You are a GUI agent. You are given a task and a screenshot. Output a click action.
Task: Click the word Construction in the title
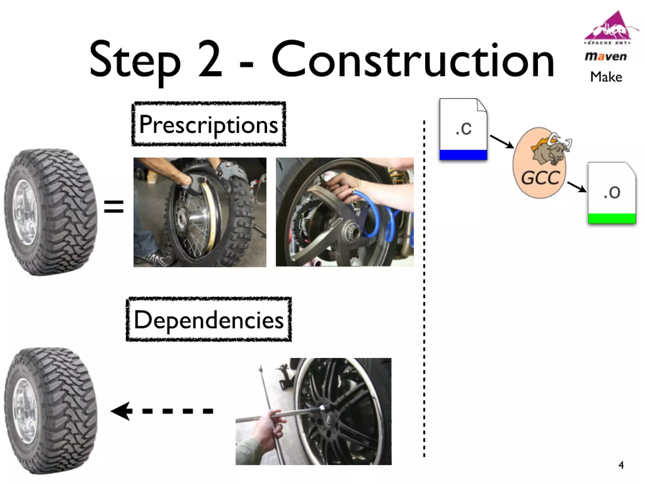(413, 60)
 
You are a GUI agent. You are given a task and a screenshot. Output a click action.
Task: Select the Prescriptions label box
(208, 124)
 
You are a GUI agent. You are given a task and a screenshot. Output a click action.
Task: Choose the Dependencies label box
(208, 320)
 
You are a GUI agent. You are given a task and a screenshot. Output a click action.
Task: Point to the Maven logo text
(606, 57)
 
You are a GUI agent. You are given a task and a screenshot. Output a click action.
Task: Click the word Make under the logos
(606, 77)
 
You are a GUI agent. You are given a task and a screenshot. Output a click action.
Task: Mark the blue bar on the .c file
(463, 155)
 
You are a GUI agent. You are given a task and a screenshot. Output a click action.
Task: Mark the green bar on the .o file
(612, 218)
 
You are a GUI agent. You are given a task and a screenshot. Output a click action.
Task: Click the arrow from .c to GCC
(502, 141)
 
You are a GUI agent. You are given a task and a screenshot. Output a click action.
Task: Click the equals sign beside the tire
(114, 207)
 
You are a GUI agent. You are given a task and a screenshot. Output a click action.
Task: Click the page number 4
(621, 465)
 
